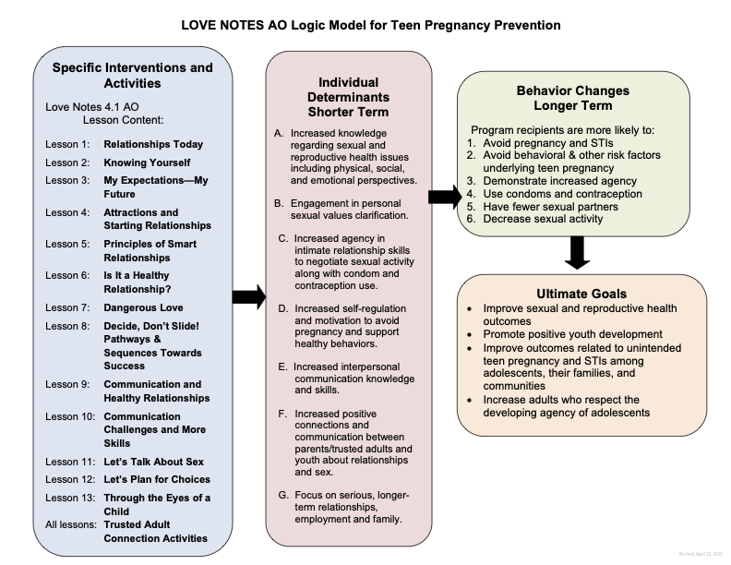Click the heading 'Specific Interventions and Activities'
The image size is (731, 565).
pyautogui.click(x=132, y=76)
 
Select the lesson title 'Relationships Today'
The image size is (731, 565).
pyautogui.click(x=153, y=145)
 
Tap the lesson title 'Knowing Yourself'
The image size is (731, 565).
pyautogui.click(x=146, y=162)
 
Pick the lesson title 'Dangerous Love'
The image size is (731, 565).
pyautogui.click(x=143, y=307)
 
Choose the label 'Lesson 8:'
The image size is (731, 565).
pyautogui.click(x=69, y=325)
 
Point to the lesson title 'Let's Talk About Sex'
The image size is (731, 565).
pyautogui.click(x=153, y=462)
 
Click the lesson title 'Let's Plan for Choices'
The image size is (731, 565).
pyautogui.click(x=157, y=479)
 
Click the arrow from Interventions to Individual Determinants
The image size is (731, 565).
pyautogui.click(x=247, y=296)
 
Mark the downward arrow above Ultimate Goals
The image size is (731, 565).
pyautogui.click(x=577, y=252)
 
